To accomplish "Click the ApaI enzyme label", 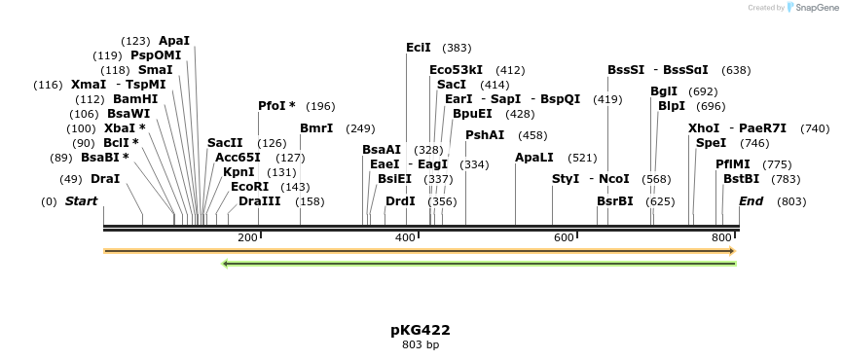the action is pos(174,41).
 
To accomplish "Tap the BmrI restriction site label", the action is pos(316,128).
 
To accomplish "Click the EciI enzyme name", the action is pos(419,48).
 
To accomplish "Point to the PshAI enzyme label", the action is pos(485,135).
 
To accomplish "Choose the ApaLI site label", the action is pos(534,158).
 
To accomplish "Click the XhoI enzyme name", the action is pos(703,128).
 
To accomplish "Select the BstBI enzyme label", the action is pos(741,179).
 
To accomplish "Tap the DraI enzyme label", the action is pos(105,179).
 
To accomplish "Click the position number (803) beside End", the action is pos(791,202).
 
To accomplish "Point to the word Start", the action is pos(82,202).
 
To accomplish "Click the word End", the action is pos(751,202).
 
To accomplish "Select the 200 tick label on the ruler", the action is pos(247,238).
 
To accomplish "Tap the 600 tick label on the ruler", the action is pos(564,238).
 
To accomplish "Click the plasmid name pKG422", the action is pos(421,330).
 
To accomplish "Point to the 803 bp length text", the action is pos(421,344).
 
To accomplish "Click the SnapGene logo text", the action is pos(814,8).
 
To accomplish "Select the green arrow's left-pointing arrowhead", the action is pos(226,263).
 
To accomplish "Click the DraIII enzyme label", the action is pos(260,201).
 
